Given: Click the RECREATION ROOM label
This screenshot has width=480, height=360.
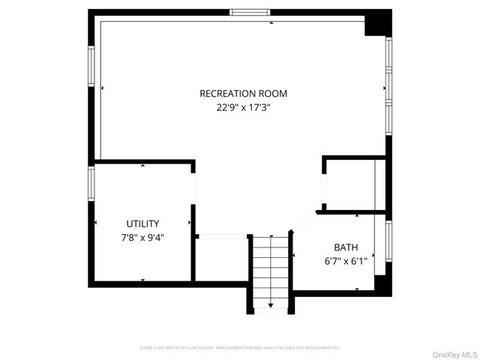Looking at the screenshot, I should (243, 94).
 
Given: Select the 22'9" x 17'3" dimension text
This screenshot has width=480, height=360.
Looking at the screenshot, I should (243, 107).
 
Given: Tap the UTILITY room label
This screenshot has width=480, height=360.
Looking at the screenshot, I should (142, 223).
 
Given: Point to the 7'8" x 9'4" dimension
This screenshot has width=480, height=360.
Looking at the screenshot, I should (142, 237).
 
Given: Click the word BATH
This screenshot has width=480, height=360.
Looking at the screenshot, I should (346, 247).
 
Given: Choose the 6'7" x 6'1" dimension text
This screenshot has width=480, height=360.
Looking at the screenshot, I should (346, 261).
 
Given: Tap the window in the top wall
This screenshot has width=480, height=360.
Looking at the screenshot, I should (251, 12).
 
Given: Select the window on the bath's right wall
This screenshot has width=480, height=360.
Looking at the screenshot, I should (388, 240).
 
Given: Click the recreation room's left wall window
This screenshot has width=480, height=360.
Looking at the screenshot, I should (91, 69).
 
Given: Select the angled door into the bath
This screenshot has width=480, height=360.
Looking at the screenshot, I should (304, 220).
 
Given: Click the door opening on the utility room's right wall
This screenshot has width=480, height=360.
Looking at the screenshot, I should (193, 187).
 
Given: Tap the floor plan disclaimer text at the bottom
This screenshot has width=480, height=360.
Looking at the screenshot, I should (240, 348).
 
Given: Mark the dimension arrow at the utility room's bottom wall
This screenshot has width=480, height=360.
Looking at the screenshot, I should (142, 280).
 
